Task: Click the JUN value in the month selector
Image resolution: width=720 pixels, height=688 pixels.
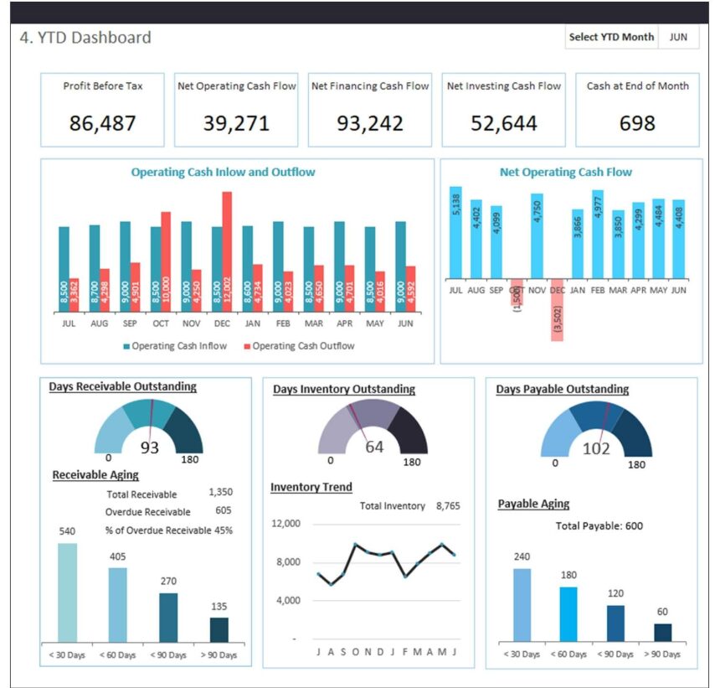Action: click(678, 37)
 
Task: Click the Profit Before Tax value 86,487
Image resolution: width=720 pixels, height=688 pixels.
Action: click(102, 123)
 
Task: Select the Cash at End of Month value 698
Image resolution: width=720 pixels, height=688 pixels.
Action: click(637, 123)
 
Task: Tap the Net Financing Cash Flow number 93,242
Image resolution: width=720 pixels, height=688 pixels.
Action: click(370, 123)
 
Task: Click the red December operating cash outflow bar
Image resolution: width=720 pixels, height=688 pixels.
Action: click(227, 251)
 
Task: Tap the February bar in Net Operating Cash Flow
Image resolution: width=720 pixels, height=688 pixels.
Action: click(598, 234)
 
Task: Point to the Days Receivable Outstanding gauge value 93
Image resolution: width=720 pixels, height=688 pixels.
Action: click(149, 447)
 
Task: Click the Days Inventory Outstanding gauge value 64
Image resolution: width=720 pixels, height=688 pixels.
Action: click(373, 447)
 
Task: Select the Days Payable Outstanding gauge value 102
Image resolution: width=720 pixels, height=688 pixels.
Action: click(596, 448)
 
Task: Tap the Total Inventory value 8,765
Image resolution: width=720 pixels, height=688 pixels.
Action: click(448, 506)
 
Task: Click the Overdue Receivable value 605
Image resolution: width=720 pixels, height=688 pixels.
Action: click(223, 510)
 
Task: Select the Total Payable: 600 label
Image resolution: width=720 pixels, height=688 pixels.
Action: click(599, 525)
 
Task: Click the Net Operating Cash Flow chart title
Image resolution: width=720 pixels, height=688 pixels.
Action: click(566, 172)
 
